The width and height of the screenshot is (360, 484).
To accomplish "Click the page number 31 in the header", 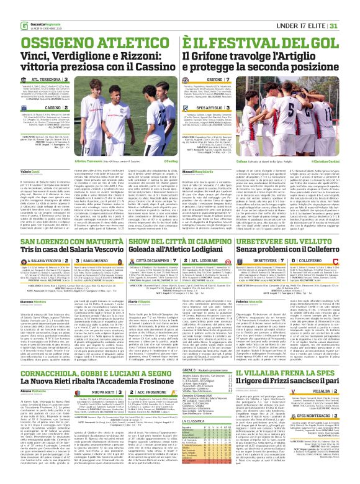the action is point(350,8).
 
